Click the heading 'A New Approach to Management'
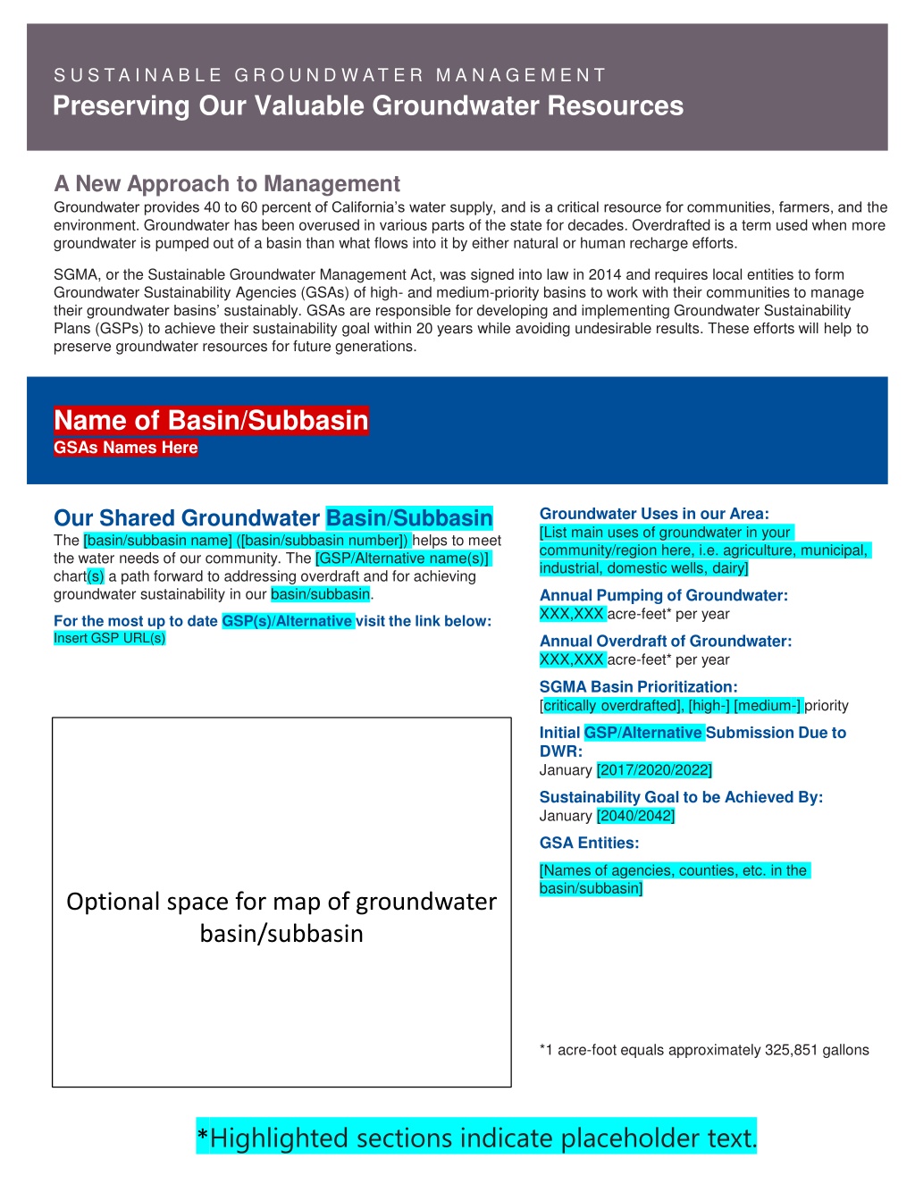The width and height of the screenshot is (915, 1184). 227,184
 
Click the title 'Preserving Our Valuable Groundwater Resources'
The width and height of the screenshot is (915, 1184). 368,106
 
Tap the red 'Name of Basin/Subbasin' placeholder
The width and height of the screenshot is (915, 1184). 211,420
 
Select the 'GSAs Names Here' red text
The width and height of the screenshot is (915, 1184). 125,448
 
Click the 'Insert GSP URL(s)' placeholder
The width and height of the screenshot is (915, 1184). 109,638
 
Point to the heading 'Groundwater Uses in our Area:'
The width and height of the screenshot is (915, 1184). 654,514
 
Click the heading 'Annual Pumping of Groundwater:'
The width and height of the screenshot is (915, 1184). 664,595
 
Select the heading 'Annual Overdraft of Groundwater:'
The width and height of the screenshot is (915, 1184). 666,641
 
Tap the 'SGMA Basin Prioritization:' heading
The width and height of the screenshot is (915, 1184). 639,686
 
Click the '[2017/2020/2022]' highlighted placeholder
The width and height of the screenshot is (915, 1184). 654,770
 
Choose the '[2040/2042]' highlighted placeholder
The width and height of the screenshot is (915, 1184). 635,816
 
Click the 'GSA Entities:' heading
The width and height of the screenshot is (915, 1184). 590,843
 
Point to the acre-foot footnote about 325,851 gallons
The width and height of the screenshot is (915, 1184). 704,1050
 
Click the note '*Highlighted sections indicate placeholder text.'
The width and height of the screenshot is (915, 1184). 476,1138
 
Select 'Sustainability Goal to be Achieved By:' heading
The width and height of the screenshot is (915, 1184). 681,797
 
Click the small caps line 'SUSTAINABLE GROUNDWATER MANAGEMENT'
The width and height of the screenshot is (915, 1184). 330,75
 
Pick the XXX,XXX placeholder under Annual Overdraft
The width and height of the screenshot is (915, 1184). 572,659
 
